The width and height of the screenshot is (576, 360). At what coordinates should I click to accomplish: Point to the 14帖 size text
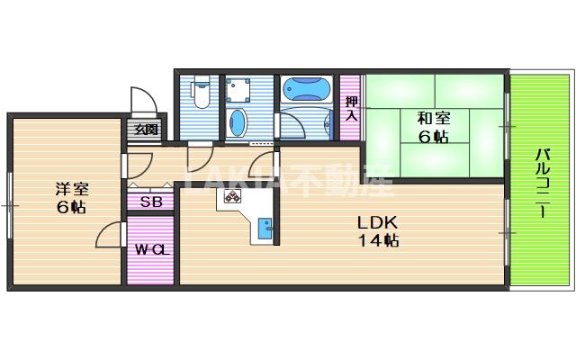click(x=378, y=240)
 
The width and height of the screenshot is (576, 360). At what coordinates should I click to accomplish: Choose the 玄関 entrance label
click(x=147, y=130)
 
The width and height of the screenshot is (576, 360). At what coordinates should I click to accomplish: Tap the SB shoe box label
click(x=151, y=202)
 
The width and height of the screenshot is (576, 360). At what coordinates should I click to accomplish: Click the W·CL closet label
click(x=151, y=249)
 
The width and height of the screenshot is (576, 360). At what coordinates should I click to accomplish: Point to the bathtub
click(x=307, y=89)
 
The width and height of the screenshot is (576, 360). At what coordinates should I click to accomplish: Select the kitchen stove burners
click(x=233, y=197)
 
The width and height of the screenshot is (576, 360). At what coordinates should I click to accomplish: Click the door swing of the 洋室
click(x=110, y=237)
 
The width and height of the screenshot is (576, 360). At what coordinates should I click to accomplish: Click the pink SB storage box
click(x=151, y=201)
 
